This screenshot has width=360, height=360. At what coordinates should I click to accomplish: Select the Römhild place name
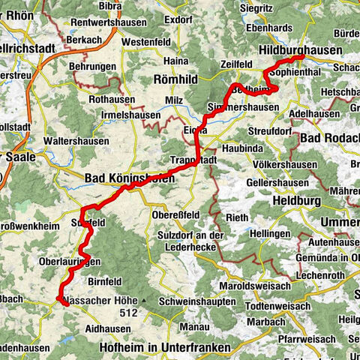pos(175,78)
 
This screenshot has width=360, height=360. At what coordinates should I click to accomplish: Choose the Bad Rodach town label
pos(328,139)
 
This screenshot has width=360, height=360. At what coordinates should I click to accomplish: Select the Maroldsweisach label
pos(256,286)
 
